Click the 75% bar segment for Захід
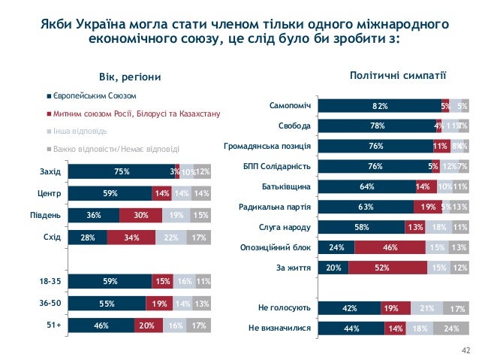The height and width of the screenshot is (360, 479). tap(121, 172)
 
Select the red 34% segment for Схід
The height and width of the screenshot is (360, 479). tap(131, 238)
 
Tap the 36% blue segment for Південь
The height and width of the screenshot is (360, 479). tap(94, 216)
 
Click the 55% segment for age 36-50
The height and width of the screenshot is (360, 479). tap(106, 304)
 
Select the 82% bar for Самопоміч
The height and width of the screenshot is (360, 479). tap(380, 105)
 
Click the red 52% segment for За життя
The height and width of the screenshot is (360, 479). tap(388, 267)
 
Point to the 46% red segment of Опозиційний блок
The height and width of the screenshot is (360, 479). tap(390, 247)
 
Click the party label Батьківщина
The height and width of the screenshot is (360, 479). tap(287, 186)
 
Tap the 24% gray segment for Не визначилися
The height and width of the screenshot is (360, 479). tap(451, 328)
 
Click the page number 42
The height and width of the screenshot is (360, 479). tap(465, 349)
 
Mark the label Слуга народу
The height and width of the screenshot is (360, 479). tap(286, 226)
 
